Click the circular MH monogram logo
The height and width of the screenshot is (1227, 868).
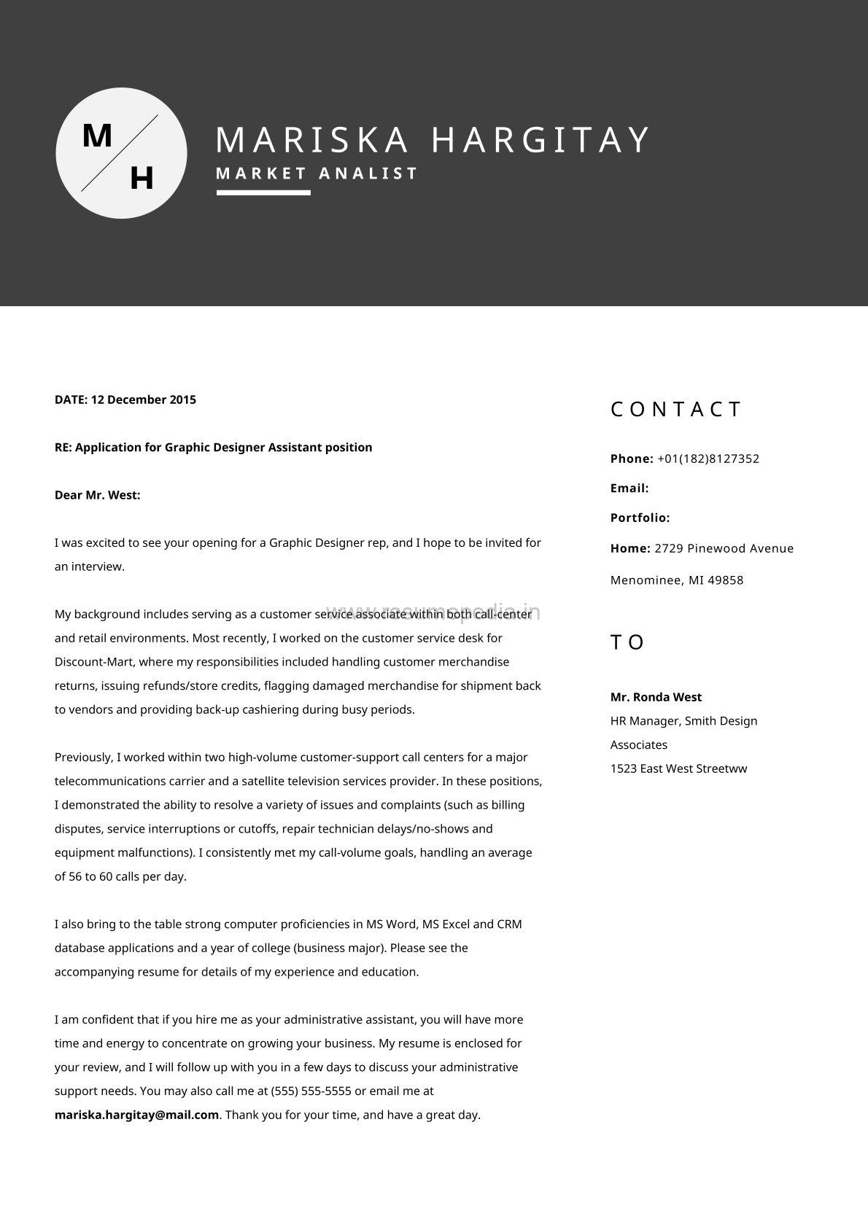pyautogui.click(x=121, y=153)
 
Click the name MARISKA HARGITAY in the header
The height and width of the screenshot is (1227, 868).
pyautogui.click(x=433, y=139)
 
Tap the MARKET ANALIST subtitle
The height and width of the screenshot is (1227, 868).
pyautogui.click(x=317, y=174)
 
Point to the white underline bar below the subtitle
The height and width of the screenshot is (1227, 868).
pyautogui.click(x=263, y=193)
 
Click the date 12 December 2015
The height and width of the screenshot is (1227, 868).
pyautogui.click(x=144, y=400)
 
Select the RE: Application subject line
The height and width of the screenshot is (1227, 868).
pyautogui.click(x=213, y=447)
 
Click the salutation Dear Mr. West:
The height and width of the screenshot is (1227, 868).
pyautogui.click(x=97, y=495)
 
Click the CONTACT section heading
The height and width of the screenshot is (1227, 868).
pyautogui.click(x=675, y=409)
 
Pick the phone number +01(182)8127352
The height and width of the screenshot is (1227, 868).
pyautogui.click(x=708, y=459)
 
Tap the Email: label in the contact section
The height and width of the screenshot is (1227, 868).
pyautogui.click(x=629, y=488)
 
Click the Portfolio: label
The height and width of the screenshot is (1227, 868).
pyautogui.click(x=640, y=518)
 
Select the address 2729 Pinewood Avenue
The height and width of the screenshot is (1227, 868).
pyautogui.click(x=724, y=548)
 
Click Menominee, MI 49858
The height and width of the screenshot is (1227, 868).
pyautogui.click(x=677, y=580)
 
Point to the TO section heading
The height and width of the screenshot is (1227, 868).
pyautogui.click(x=627, y=642)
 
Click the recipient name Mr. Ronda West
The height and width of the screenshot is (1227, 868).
pyautogui.click(x=656, y=697)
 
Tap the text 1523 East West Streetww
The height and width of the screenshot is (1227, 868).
pyautogui.click(x=678, y=768)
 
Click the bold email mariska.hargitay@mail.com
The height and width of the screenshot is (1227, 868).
pyautogui.click(x=136, y=1115)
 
